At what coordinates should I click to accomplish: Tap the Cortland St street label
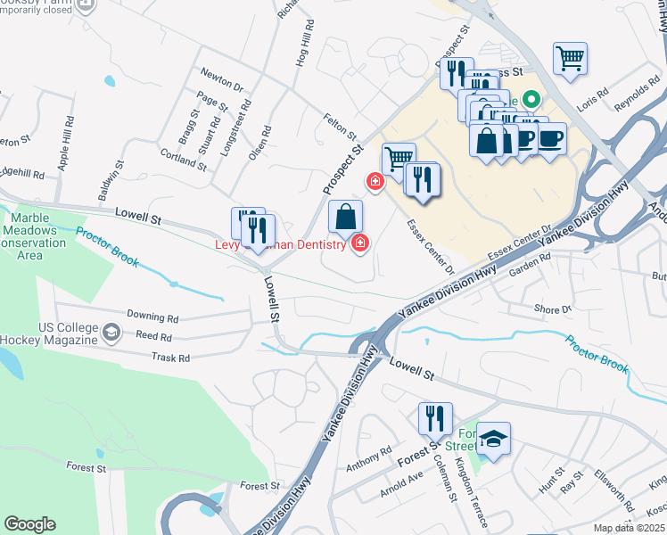coord(183,160)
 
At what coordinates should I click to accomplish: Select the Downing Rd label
coord(152,317)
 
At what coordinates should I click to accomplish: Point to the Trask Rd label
coord(171,358)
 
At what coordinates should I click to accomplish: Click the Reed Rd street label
coord(153,336)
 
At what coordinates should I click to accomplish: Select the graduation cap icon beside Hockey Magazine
coord(111,333)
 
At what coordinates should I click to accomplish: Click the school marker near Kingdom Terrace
coord(493,440)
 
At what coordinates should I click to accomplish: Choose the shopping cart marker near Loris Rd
coord(570,60)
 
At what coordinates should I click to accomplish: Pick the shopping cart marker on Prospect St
coord(399,160)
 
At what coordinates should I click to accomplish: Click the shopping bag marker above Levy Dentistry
coord(346,217)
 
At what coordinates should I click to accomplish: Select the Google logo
coord(29,524)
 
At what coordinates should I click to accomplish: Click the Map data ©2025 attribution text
coord(630,528)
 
